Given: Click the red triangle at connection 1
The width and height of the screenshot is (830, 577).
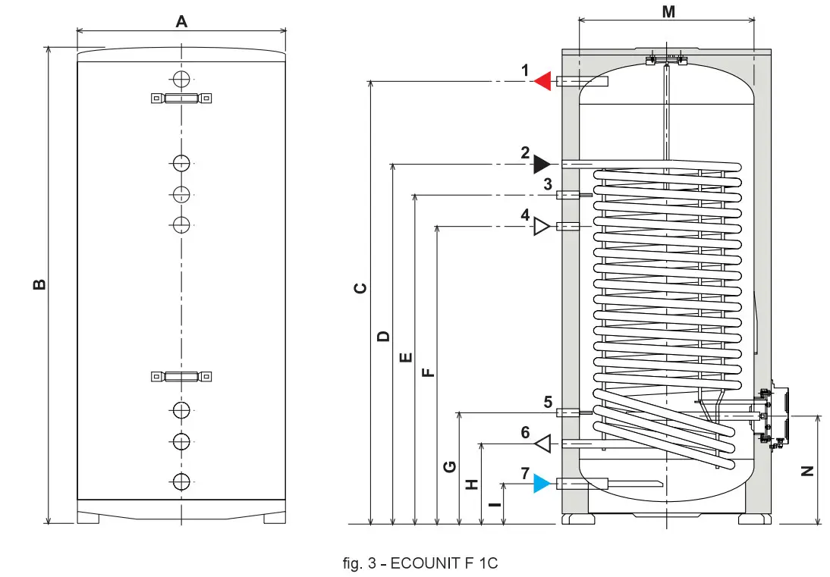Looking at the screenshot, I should [x=542, y=81].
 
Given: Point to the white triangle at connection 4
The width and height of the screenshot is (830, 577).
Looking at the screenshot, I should [x=542, y=226].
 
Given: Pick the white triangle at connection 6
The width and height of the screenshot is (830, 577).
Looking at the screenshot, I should [x=542, y=443].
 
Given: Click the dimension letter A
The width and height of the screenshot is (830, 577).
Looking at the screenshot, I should [x=181, y=21].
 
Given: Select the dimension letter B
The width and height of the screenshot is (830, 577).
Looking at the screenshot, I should [x=39, y=284].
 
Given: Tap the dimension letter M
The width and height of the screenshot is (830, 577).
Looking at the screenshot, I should [x=668, y=11].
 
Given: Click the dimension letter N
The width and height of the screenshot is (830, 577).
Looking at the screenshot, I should [x=808, y=470].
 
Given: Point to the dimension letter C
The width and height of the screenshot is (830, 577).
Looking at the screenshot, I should [x=361, y=288].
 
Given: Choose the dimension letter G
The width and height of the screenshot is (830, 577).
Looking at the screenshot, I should [x=450, y=467].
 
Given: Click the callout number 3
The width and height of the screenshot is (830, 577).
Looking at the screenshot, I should [x=547, y=183].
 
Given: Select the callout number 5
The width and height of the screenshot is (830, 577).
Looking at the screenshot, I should [x=547, y=402].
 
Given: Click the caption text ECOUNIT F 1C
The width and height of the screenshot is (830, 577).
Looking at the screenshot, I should [x=420, y=563].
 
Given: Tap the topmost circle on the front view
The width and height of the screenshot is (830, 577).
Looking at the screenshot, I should [x=181, y=79].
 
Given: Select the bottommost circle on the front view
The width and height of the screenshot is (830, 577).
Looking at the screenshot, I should [x=181, y=481].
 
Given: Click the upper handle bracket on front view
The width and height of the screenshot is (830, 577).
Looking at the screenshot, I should [x=181, y=98].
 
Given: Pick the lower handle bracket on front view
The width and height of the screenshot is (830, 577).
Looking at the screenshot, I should [x=181, y=376].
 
